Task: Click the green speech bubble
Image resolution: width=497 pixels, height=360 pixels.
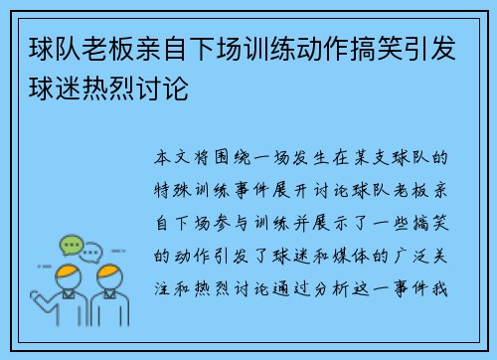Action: (73, 244)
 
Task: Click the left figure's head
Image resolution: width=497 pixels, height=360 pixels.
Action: (70, 274)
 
